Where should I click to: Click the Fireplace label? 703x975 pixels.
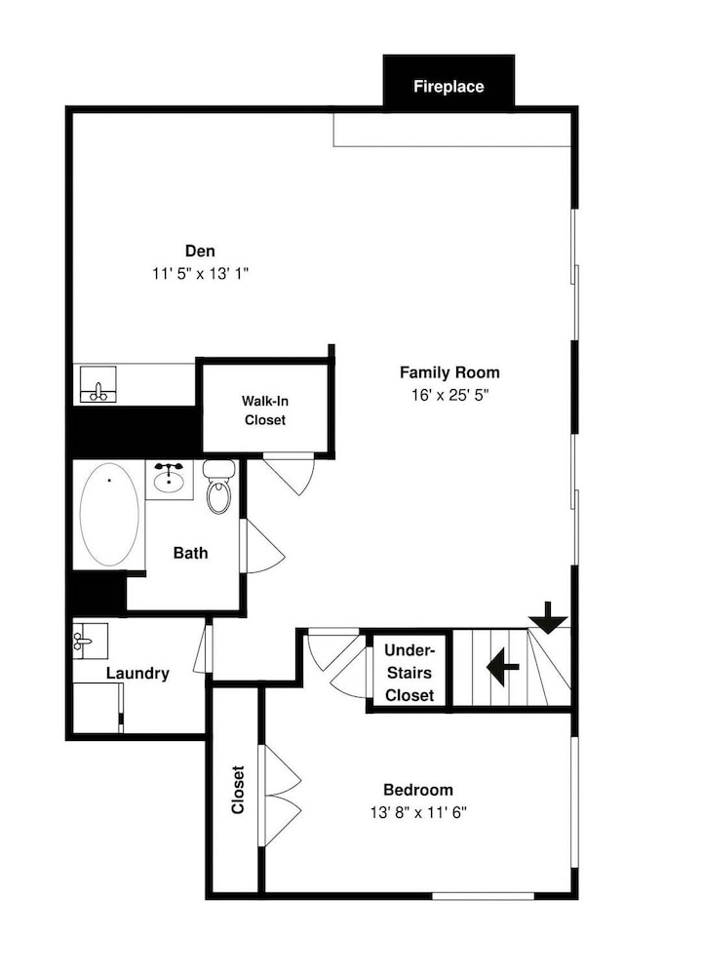449,87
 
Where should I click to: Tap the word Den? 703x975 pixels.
200,252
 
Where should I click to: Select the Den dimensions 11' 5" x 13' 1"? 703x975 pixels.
200,274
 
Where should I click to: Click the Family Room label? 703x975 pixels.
449,372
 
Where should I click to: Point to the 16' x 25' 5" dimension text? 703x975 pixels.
450,395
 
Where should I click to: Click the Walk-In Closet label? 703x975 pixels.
265,410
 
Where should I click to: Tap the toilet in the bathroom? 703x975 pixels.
218,487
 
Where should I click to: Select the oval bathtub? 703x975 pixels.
109,514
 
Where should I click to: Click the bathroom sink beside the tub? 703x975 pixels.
169,478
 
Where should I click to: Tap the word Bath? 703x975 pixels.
191,553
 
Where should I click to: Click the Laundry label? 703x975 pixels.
137,673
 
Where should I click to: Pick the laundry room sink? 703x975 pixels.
90,641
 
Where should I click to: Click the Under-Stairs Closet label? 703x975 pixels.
409,673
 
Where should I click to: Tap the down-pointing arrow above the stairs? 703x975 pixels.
548,618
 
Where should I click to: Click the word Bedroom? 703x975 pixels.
417,790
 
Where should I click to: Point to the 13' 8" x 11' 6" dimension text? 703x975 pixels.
417,812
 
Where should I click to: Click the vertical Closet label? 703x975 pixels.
238,790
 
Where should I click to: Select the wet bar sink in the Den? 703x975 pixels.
98,384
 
